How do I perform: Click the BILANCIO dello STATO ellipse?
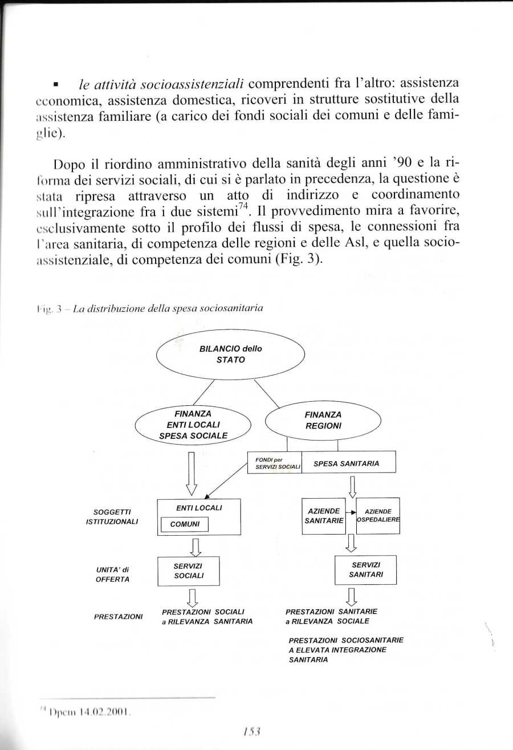click(x=230, y=354)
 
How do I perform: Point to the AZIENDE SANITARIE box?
click(x=324, y=516)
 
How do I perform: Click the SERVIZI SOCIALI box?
click(x=188, y=570)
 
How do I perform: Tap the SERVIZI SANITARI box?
click(x=365, y=570)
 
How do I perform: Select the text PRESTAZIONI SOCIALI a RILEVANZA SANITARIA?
click(x=207, y=616)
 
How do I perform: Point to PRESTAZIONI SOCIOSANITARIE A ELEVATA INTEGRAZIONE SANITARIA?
click(x=345, y=650)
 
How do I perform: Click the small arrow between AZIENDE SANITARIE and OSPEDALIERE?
click(x=351, y=512)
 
